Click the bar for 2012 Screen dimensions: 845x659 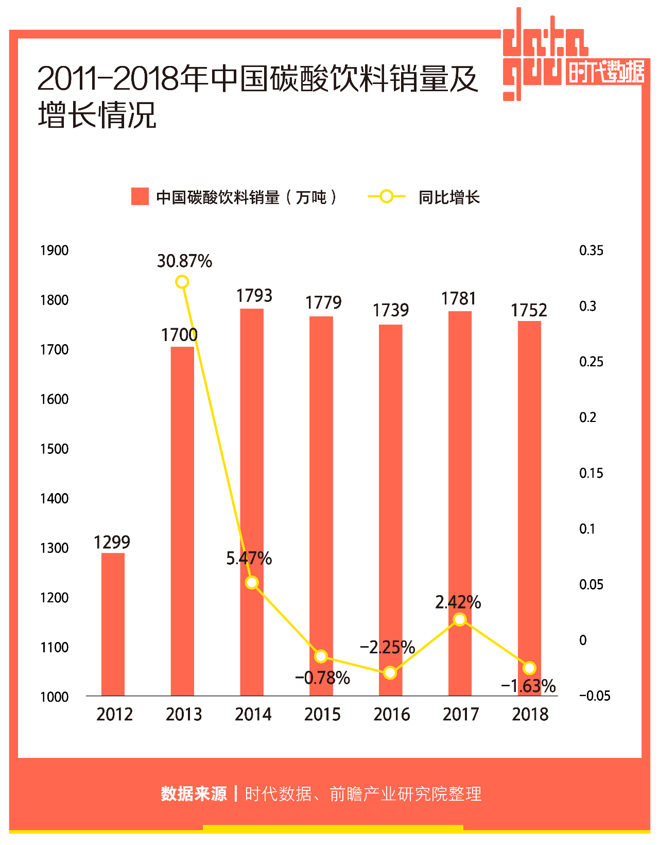click(x=113, y=624)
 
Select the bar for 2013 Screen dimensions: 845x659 click(x=182, y=521)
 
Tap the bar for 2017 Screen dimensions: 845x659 click(x=460, y=503)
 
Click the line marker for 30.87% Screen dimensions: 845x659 click(x=182, y=282)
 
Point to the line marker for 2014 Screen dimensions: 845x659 click(x=252, y=583)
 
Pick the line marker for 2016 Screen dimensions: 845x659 click(x=390, y=672)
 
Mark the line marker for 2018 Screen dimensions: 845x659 click(x=529, y=668)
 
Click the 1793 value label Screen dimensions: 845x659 click(x=254, y=296)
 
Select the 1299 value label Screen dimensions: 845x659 click(x=112, y=542)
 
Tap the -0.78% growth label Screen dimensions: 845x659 click(x=322, y=678)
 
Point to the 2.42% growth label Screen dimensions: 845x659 click(x=458, y=602)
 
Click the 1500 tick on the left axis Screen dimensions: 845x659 click(x=54, y=449)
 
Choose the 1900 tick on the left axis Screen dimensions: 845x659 click(x=54, y=250)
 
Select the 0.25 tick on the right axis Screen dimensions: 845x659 click(x=591, y=362)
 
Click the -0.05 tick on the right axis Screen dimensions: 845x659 click(x=595, y=696)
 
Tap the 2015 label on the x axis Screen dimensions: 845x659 click(x=322, y=715)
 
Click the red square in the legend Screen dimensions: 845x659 click(x=140, y=196)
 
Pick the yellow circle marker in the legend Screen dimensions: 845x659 click(x=386, y=196)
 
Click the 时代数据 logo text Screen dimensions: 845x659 click(x=606, y=72)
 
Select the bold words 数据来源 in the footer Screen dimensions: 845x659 click(x=194, y=793)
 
